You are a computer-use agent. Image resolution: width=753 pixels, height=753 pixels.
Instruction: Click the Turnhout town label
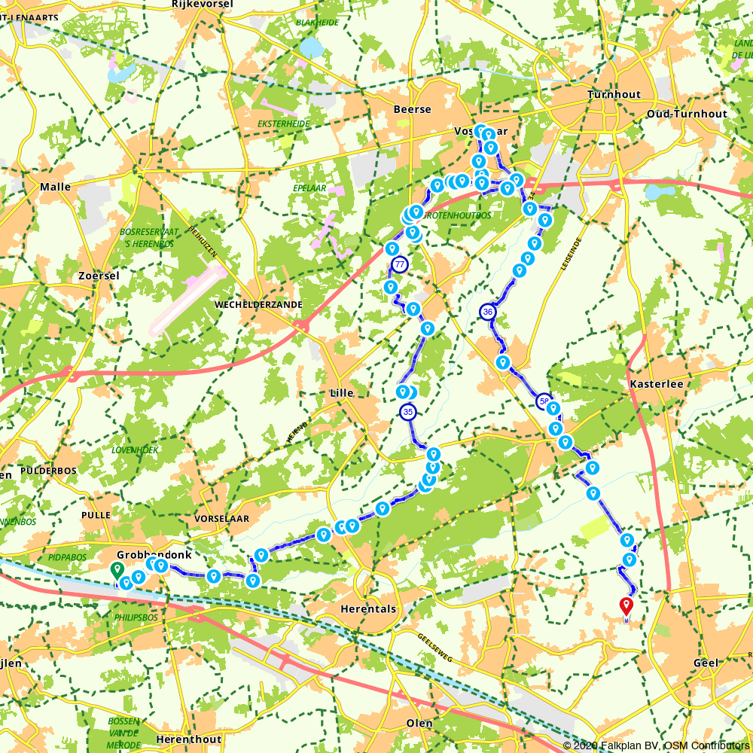(x=614, y=95)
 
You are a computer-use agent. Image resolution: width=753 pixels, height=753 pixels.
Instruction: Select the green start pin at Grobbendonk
(x=117, y=570)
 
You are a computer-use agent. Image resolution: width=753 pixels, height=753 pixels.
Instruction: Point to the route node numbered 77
(x=400, y=264)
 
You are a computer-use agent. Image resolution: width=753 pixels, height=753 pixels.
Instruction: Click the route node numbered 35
(x=408, y=412)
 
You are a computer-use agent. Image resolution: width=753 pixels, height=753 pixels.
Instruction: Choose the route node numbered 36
(x=488, y=311)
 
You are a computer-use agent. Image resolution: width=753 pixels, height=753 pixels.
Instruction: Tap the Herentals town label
(x=368, y=609)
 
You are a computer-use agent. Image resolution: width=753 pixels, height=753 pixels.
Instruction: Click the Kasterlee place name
(x=656, y=384)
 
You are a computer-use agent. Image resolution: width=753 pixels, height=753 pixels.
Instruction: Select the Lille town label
(x=342, y=393)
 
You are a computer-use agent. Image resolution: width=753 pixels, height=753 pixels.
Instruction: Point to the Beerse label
(x=413, y=110)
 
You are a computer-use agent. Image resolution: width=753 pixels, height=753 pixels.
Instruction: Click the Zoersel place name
(x=99, y=276)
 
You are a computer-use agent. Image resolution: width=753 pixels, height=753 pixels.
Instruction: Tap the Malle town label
(x=56, y=187)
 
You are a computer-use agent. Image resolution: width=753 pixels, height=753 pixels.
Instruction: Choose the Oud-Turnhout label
(x=687, y=114)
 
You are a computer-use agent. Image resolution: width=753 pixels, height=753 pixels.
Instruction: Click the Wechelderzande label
(x=259, y=305)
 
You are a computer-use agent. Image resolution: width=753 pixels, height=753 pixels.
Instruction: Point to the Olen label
(x=419, y=724)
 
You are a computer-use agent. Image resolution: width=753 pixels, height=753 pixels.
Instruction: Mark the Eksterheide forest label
(x=284, y=124)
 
